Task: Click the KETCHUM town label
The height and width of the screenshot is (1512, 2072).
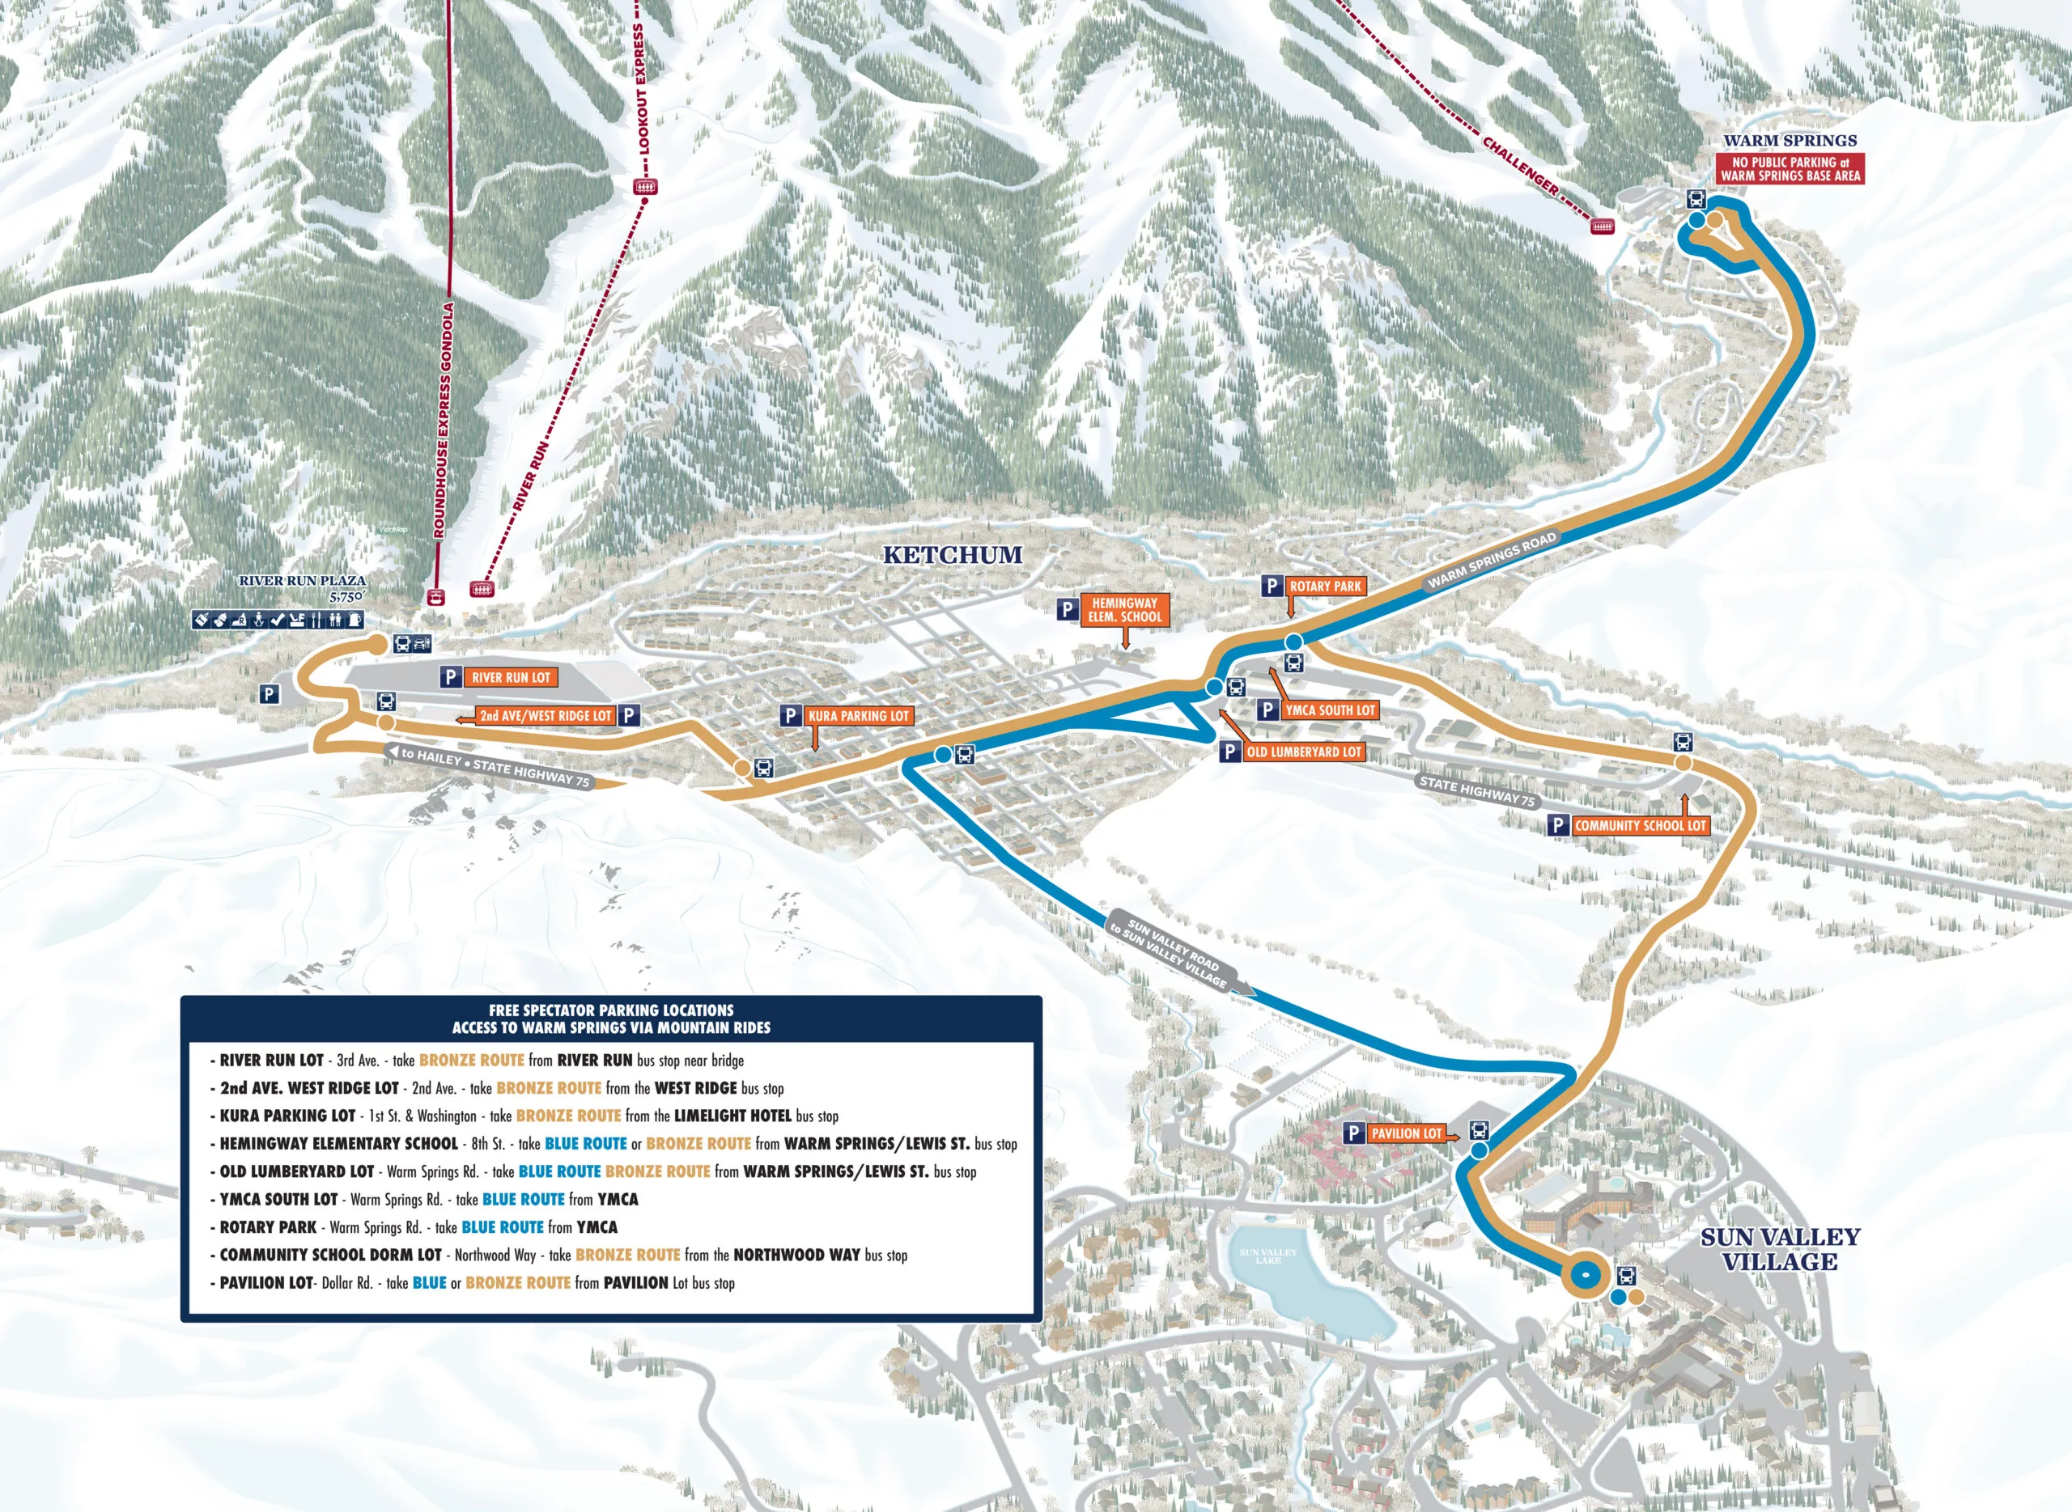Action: point(952,555)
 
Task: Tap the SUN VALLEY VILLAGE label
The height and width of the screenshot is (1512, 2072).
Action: point(1780,1248)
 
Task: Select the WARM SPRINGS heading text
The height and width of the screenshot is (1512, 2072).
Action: point(1790,140)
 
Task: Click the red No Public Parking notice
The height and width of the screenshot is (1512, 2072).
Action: point(1790,168)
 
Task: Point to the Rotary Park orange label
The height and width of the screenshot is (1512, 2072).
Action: point(1325,586)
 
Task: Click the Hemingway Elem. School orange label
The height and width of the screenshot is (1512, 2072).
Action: point(1124,609)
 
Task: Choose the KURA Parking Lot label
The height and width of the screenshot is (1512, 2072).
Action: point(858,716)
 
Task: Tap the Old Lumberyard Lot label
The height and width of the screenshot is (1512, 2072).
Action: point(1304,752)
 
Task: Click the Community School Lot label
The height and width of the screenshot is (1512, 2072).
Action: point(1640,824)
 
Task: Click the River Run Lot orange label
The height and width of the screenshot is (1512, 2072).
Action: point(511,677)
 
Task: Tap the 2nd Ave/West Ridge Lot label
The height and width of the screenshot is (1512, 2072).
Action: point(545,716)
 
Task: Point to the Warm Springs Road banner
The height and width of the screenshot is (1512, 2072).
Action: point(1492,560)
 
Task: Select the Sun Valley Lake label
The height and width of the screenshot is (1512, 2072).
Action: point(1268,1256)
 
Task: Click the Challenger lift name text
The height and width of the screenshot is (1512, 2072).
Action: point(1520,165)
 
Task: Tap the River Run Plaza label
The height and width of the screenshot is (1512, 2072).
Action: point(302,580)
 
